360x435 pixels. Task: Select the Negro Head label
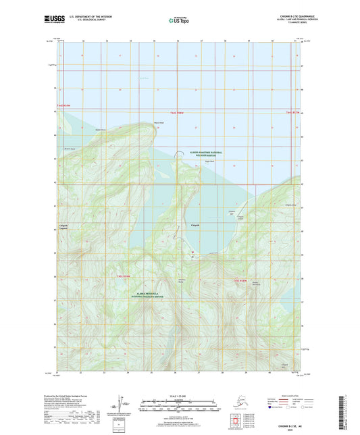click(159, 123)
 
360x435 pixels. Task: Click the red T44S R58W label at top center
click(177, 113)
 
